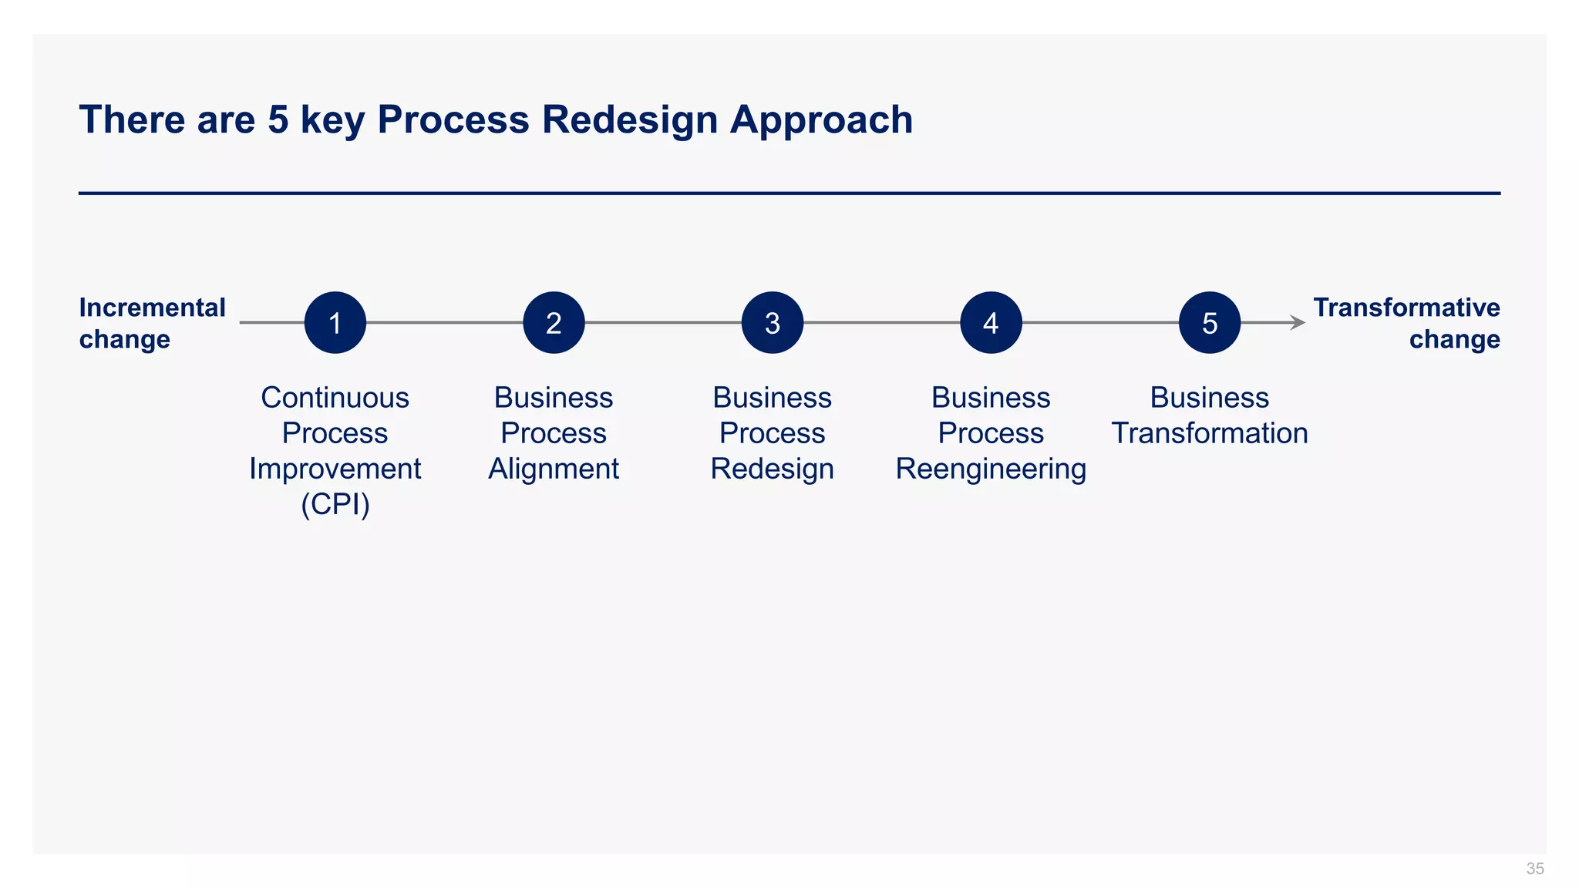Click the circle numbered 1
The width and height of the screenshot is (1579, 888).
click(x=335, y=322)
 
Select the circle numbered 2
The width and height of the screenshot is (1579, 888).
click(x=554, y=322)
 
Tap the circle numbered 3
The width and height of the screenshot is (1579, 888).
click(x=772, y=322)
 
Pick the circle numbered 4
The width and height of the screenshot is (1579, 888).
click(x=991, y=322)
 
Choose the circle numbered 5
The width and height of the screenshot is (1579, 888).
click(x=1209, y=322)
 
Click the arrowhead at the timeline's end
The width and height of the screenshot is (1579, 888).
click(x=1298, y=322)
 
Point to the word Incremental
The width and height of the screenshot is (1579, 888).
click(x=152, y=308)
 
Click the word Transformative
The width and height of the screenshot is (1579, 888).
click(x=1406, y=308)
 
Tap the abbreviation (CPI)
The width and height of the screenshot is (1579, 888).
click(x=335, y=504)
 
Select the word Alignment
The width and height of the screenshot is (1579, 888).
click(x=554, y=469)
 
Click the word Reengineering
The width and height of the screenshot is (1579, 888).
click(x=991, y=469)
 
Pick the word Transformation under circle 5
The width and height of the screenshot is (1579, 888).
click(x=1209, y=433)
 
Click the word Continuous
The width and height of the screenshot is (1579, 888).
click(x=335, y=398)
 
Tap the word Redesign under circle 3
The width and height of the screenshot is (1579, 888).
click(x=772, y=469)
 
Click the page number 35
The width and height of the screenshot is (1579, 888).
click(x=1534, y=869)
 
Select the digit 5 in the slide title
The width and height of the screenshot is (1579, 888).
click(x=278, y=120)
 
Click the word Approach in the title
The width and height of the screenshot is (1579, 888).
click(x=821, y=120)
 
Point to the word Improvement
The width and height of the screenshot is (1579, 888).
click(x=335, y=469)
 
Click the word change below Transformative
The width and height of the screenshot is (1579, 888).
click(x=1454, y=339)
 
